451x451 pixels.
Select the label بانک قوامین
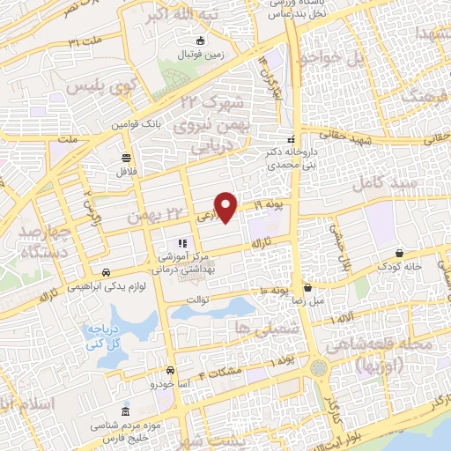(140, 124)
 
